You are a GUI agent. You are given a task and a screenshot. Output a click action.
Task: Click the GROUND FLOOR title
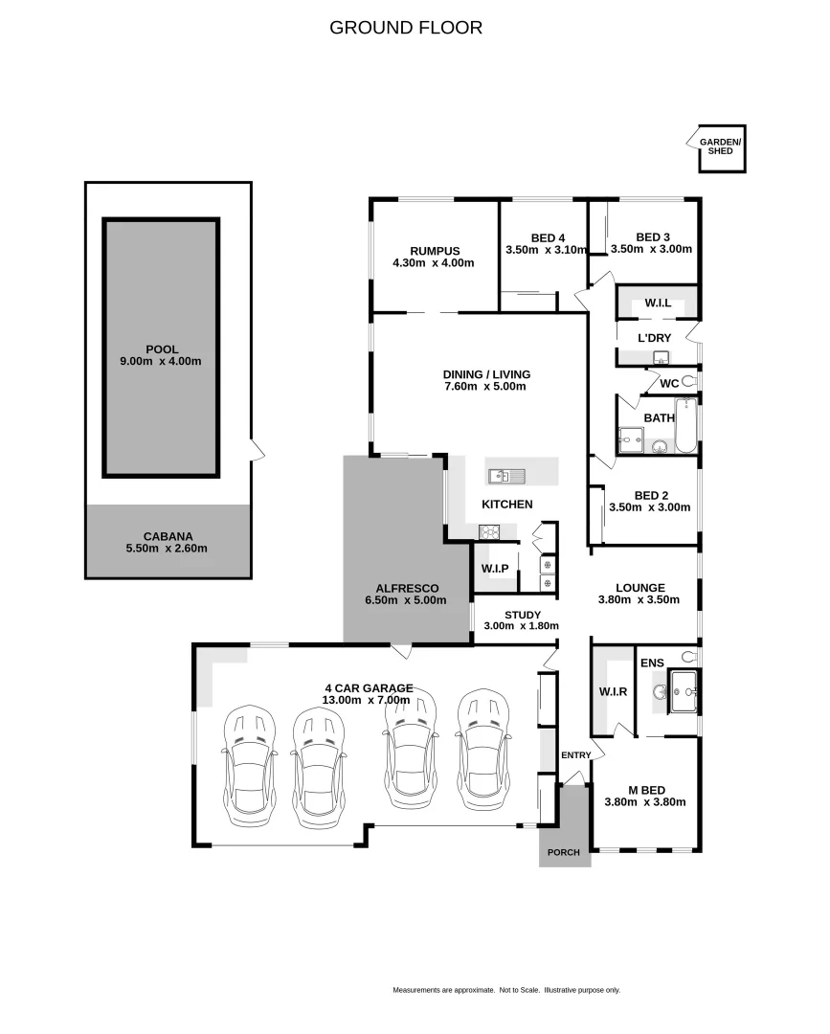(406, 28)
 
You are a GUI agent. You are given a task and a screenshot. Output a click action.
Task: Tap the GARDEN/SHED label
(720, 146)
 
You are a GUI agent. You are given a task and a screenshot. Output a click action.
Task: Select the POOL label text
(162, 348)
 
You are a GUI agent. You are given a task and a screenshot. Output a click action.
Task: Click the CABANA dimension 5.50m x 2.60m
(168, 549)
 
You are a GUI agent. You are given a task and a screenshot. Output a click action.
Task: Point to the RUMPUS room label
(434, 251)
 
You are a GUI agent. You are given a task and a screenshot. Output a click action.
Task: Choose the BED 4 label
(548, 237)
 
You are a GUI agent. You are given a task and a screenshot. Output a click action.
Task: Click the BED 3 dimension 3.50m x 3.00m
(651, 249)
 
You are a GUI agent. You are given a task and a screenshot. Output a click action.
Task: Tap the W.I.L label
(658, 303)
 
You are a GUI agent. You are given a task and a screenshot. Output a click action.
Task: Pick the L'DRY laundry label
(656, 337)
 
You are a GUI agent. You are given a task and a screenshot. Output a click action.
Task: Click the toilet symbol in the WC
(688, 382)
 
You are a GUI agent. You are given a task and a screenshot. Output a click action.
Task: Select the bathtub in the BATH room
(686, 426)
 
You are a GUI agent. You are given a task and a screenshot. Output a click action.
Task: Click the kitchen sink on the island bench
(504, 476)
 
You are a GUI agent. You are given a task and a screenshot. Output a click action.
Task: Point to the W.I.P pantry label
(495, 569)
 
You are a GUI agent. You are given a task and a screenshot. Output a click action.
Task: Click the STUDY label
(522, 615)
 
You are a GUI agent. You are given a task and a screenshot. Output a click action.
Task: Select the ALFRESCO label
(408, 588)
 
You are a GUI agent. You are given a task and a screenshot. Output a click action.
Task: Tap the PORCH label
(564, 852)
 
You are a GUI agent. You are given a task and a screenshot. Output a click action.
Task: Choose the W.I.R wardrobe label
(613, 691)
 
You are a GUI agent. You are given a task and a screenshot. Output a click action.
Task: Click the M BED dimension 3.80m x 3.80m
(645, 802)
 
